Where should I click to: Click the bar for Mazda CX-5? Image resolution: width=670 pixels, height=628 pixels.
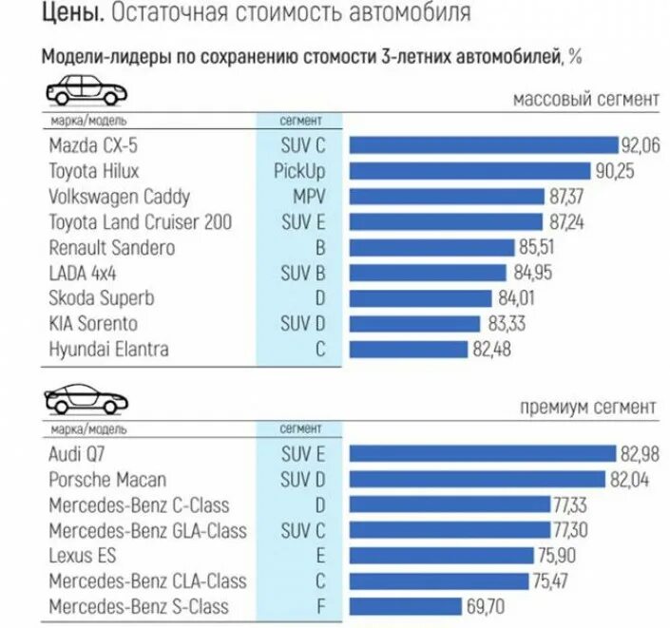(x=484, y=145)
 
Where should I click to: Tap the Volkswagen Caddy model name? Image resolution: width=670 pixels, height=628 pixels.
(x=119, y=197)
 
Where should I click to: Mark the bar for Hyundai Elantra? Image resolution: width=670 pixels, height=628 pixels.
(x=410, y=350)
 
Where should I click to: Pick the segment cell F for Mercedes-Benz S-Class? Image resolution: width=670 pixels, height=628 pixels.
(x=320, y=607)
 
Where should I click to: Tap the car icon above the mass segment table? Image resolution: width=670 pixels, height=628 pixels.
(x=86, y=93)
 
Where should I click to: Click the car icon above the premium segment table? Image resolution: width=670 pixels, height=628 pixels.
(x=86, y=399)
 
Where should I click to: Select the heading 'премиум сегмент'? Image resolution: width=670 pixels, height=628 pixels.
(x=586, y=408)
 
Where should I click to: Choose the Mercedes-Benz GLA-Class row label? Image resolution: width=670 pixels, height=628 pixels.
(x=147, y=530)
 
